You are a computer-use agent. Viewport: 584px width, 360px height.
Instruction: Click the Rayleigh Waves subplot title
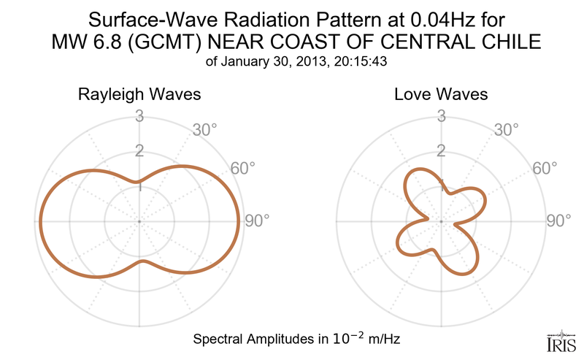(x=139, y=95)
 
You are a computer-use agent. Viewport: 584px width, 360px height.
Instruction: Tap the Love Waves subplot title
(x=441, y=95)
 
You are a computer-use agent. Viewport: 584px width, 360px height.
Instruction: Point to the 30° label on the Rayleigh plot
(x=204, y=130)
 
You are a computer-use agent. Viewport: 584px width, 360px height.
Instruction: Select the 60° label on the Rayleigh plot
(x=243, y=169)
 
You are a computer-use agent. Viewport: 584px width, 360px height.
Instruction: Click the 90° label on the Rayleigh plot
(x=257, y=221)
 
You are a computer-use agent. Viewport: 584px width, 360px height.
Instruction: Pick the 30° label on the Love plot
(x=506, y=130)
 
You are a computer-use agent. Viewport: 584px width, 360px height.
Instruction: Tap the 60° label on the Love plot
(x=545, y=169)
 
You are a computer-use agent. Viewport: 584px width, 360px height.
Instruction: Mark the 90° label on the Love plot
(x=559, y=221)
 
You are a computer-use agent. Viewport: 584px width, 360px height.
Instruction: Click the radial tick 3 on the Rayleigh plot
(x=139, y=116)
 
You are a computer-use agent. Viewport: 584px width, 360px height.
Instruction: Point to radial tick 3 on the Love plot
(x=441, y=116)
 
